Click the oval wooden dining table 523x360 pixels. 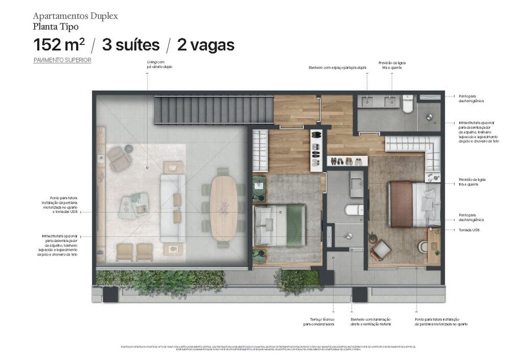tap(224, 208)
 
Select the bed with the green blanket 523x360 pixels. tap(279, 225)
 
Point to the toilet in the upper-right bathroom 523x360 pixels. tap(408, 104)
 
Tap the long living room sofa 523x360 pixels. tap(173, 207)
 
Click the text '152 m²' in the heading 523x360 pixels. tap(59, 45)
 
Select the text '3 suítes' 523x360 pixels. tap(131, 45)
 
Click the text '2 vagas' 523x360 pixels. tap(206, 45)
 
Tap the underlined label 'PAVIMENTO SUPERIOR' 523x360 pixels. tap(62, 60)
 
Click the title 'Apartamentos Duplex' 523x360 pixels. tap(75, 16)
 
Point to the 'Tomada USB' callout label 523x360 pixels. tap(469, 230)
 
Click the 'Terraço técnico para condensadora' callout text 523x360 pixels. tap(319, 322)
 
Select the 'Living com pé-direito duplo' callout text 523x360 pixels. tap(159, 64)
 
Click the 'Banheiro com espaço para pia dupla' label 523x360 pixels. tap(338, 67)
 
